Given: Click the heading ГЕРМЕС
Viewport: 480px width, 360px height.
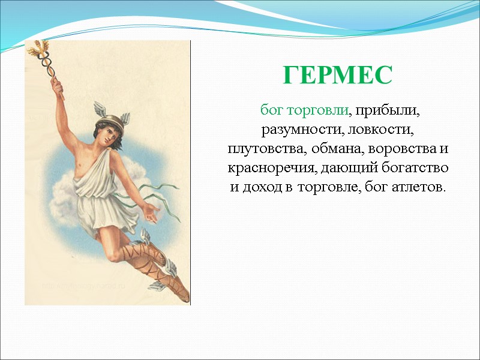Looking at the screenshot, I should pyautogui.click(x=338, y=75).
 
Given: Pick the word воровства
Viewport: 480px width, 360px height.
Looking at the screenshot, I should pyautogui.click(x=400, y=148).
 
